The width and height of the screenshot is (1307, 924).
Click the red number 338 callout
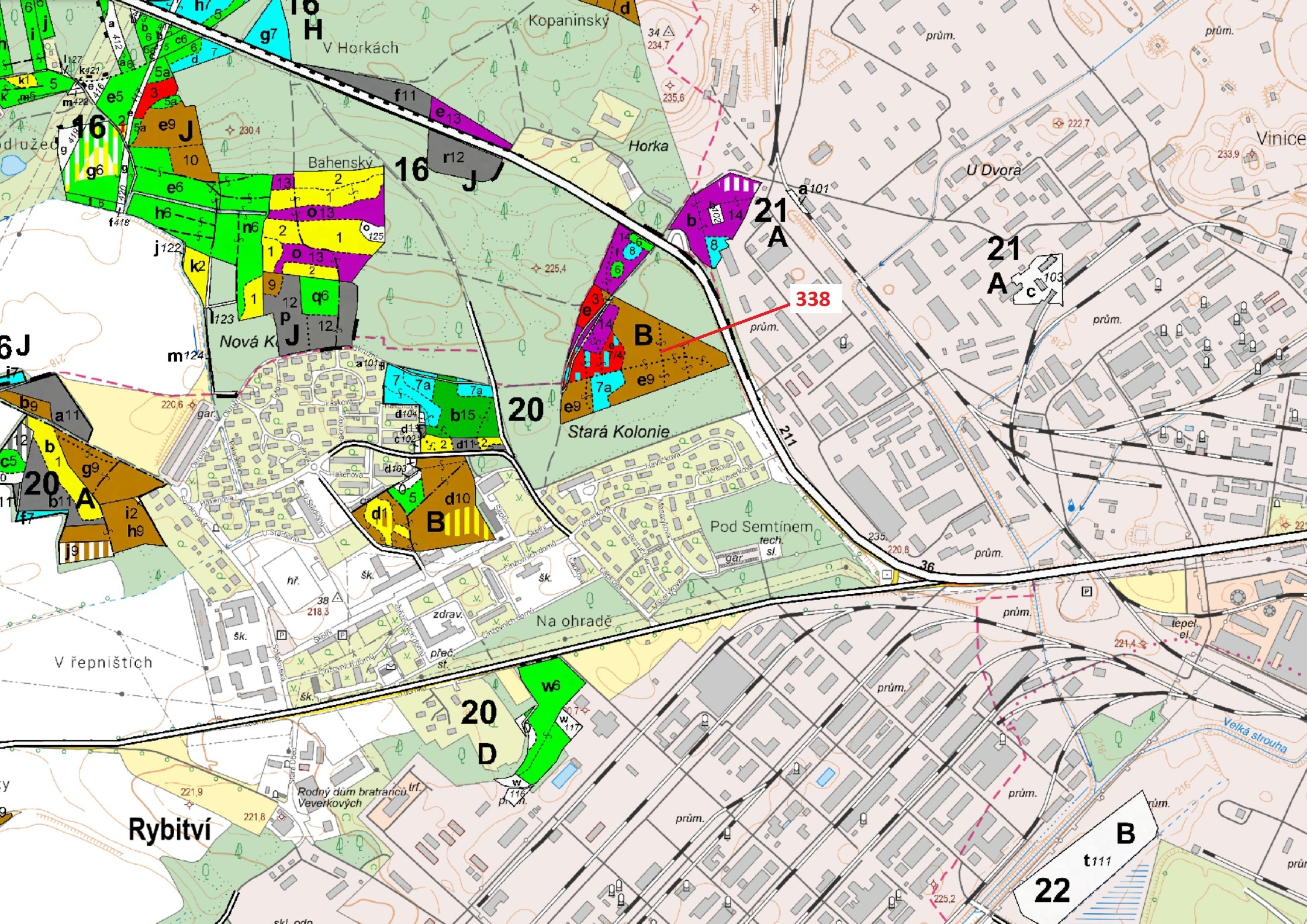click(x=813, y=299)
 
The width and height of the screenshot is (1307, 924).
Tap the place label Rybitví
click(x=170, y=829)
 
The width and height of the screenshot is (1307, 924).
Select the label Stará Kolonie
click(x=618, y=432)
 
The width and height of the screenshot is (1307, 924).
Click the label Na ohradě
click(x=574, y=621)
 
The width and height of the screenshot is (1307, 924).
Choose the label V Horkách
click(x=361, y=47)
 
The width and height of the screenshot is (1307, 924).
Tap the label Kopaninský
click(x=568, y=21)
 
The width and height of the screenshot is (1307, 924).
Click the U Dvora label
click(x=993, y=170)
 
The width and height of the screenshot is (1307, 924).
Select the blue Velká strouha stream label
click(x=1255, y=735)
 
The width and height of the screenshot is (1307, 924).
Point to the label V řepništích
click(x=103, y=662)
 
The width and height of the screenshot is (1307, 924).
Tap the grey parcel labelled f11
click(x=404, y=95)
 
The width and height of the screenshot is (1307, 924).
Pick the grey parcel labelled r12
click(x=454, y=157)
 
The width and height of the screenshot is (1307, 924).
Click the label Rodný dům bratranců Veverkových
click(x=352, y=797)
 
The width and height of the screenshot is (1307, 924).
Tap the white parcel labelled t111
click(x=1097, y=860)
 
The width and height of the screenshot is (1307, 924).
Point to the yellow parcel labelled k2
click(x=198, y=267)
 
